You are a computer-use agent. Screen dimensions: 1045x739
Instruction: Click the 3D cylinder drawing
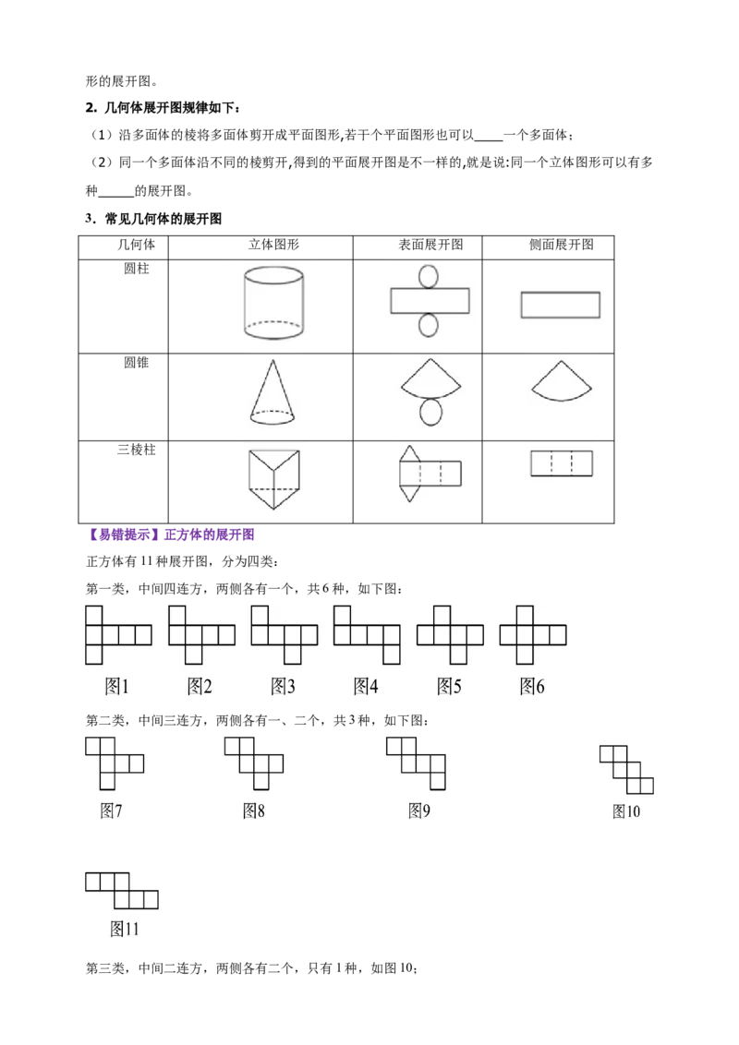273,304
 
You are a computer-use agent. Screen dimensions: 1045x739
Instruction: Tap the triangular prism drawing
273,477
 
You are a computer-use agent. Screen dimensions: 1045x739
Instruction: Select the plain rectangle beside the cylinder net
561,306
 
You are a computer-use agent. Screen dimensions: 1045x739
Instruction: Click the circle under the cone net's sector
431,414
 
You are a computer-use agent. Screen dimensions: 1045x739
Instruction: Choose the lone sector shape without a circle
561,379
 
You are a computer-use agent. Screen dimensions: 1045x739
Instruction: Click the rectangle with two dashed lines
561,462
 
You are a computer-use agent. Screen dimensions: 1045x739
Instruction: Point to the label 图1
116,686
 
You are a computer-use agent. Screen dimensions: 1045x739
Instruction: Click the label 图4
367,686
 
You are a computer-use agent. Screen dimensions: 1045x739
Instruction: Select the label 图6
532,686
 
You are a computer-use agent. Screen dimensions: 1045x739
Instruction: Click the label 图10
626,811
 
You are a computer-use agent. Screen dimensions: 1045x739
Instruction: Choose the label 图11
124,929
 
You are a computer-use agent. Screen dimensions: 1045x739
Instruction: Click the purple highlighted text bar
174,535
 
